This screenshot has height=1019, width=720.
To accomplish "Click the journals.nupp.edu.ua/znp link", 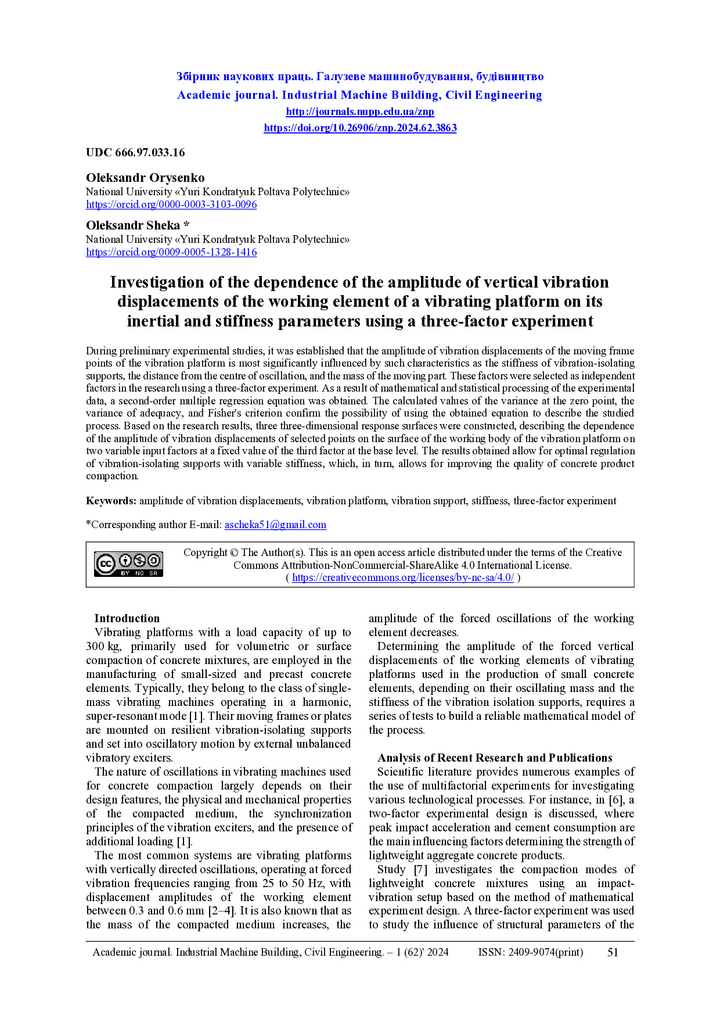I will [x=360, y=112].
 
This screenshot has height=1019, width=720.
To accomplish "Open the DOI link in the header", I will [x=360, y=128].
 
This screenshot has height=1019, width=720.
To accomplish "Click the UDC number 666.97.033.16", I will [x=150, y=153].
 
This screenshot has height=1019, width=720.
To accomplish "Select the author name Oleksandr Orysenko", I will [x=145, y=178].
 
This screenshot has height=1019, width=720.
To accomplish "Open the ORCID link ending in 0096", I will [x=171, y=204].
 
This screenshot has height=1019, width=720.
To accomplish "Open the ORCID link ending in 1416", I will [x=171, y=252].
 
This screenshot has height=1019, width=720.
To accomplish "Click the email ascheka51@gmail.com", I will [x=275, y=525].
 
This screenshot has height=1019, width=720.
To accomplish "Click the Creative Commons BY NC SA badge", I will [x=128, y=564].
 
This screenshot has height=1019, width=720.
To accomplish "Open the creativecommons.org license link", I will [x=402, y=577].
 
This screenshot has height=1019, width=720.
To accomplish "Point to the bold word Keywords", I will [x=111, y=501].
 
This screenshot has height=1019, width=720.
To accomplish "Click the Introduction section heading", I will [x=127, y=619].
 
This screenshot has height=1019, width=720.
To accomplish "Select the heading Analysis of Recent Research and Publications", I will [x=495, y=758].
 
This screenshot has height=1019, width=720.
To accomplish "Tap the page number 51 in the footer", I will [x=613, y=952].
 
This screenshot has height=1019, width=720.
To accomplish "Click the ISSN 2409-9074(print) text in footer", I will [x=530, y=952].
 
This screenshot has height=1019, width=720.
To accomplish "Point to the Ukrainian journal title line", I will [x=360, y=77].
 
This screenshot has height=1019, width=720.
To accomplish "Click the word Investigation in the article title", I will [x=157, y=282].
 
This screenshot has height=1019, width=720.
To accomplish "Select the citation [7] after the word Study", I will [x=420, y=870].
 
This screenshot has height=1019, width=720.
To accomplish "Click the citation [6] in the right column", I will [x=615, y=800].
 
